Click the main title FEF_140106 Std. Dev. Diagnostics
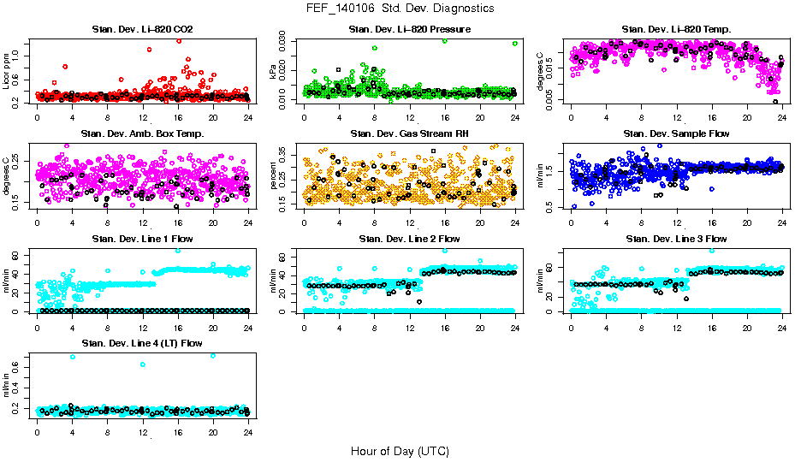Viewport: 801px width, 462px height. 400,8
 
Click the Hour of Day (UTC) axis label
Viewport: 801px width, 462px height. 400,450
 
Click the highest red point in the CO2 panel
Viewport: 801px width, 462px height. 178,40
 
